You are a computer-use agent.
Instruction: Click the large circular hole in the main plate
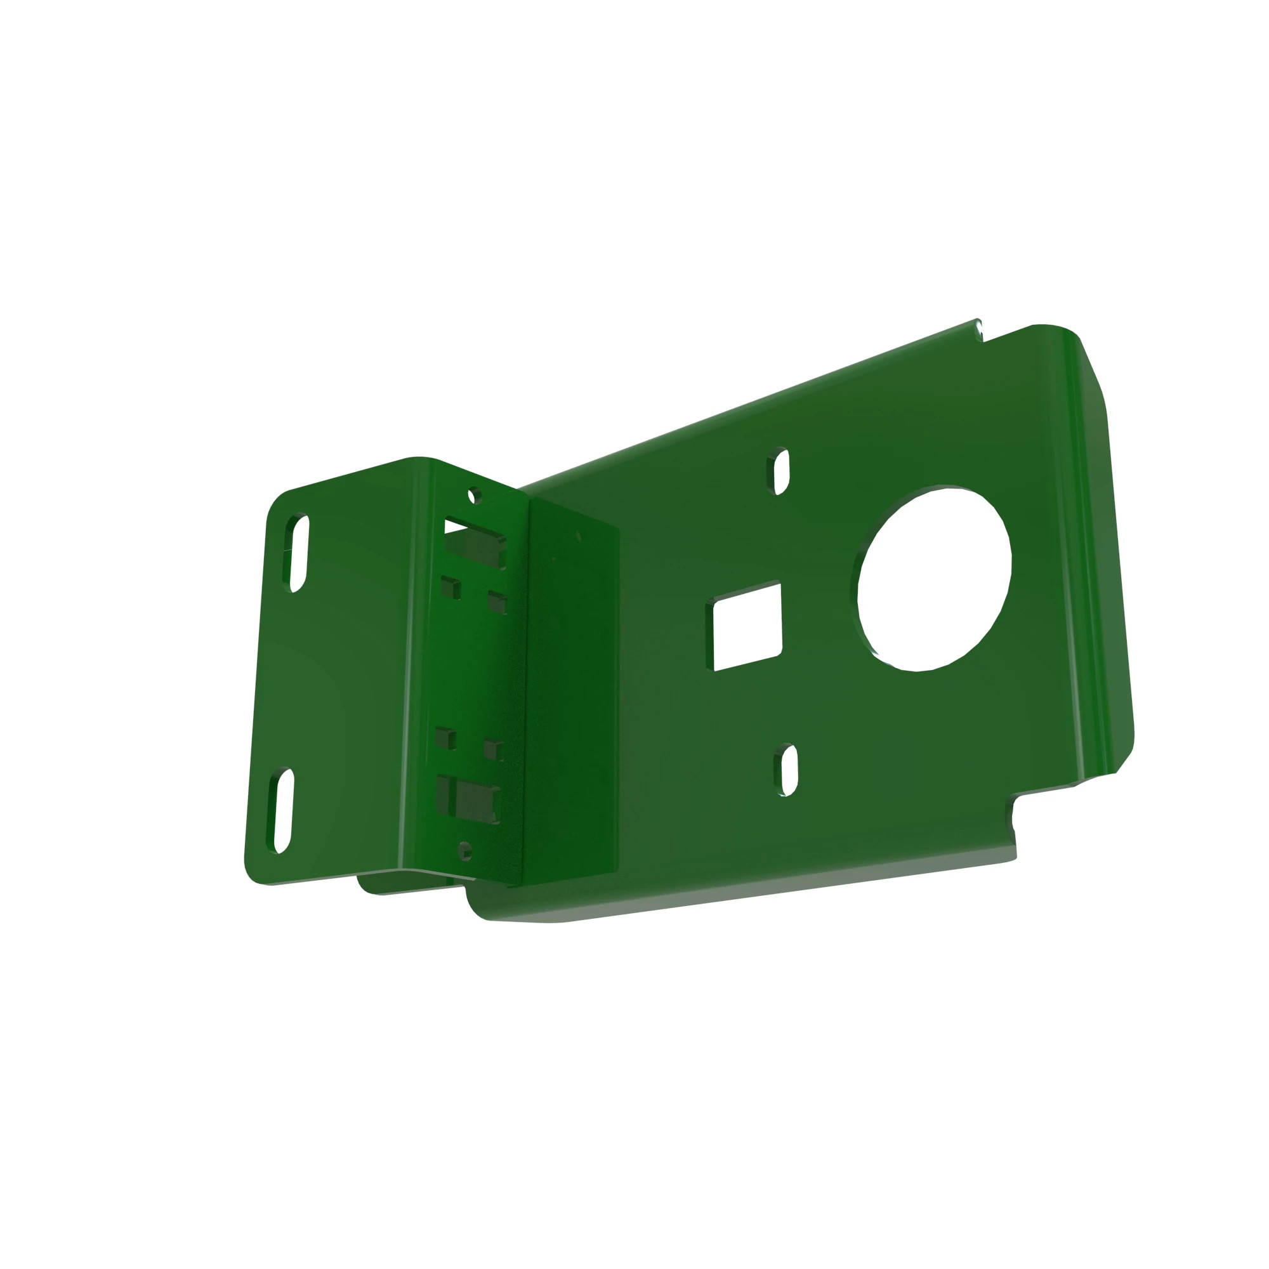click(934, 579)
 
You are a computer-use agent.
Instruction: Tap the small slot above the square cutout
click(780, 471)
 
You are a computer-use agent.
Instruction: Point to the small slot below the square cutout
click(788, 770)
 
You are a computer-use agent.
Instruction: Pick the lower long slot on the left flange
click(282, 810)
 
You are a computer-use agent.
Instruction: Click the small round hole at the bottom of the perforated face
click(464, 851)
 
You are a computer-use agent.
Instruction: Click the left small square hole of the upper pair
click(450, 588)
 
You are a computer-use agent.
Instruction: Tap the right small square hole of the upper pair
click(497, 601)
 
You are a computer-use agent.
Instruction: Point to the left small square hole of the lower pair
click(445, 739)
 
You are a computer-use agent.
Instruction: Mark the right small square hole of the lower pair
click(493, 749)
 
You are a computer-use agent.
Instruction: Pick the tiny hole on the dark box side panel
click(578, 537)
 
